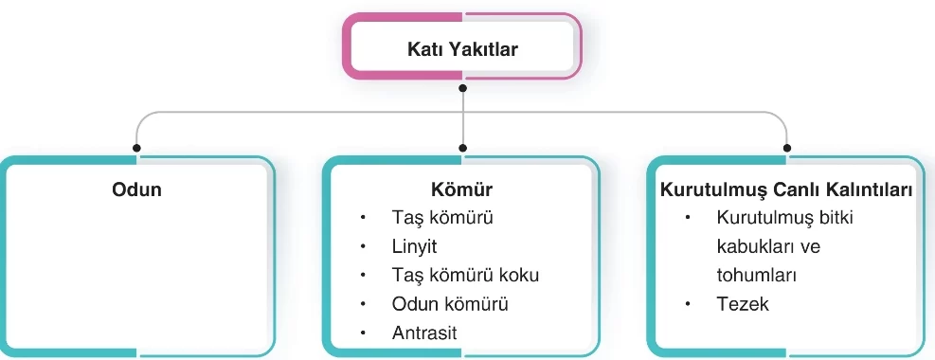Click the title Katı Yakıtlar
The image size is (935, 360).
click(x=462, y=49)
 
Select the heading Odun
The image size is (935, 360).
click(x=137, y=189)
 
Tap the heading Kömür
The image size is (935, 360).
click(x=462, y=189)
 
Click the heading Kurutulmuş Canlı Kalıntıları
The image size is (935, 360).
click(x=786, y=189)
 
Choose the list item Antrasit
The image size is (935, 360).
click(x=423, y=333)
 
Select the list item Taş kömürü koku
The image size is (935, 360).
click(x=459, y=276)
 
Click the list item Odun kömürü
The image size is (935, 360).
click(x=450, y=304)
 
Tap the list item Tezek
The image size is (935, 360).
click(x=743, y=304)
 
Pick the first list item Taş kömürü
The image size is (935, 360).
click(x=442, y=218)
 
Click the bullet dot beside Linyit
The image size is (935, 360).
click(x=363, y=246)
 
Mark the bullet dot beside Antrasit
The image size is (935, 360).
click(x=363, y=333)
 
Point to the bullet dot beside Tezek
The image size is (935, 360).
click(x=689, y=304)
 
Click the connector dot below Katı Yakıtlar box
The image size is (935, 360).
click(x=462, y=88)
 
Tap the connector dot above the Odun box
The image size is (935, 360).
click(x=137, y=148)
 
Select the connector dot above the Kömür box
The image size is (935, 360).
click(x=462, y=148)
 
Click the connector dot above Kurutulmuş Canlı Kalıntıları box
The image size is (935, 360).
click(x=787, y=148)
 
